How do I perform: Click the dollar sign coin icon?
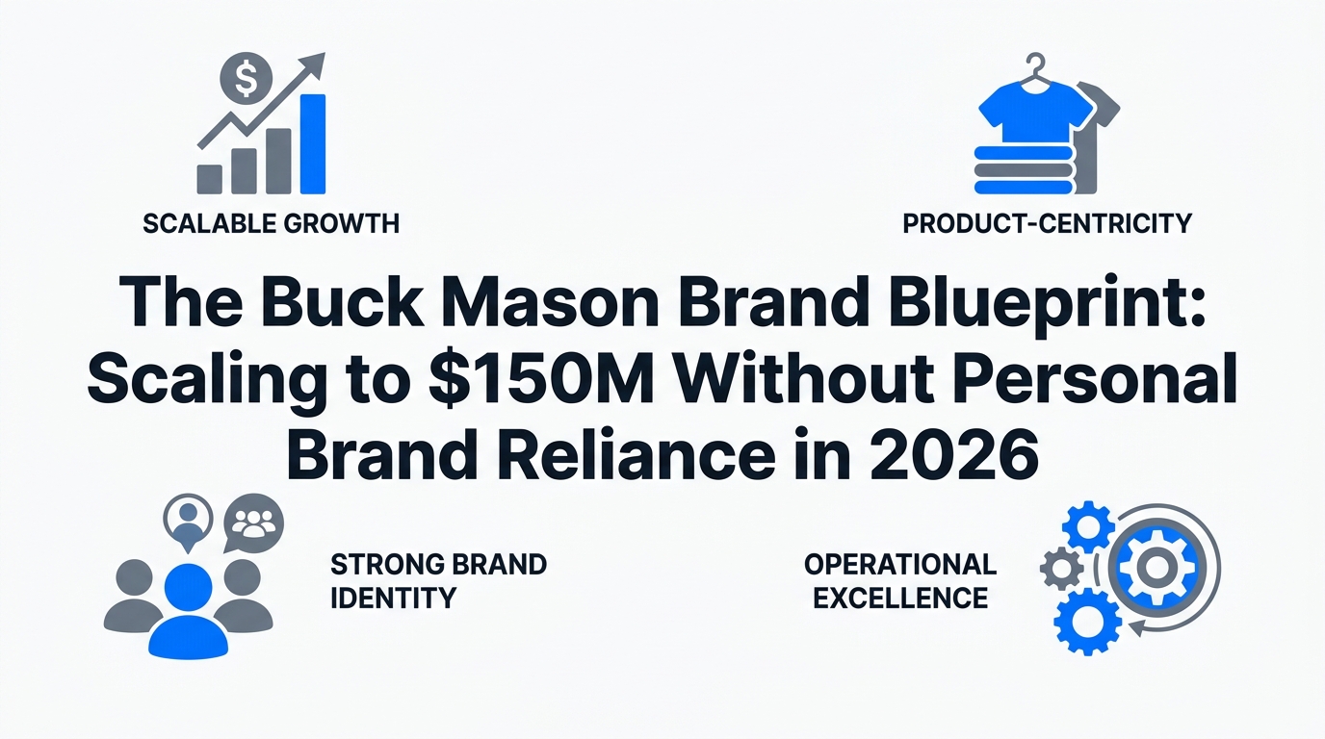pyautogui.click(x=245, y=80)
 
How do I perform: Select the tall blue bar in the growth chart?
pyautogui.click(x=313, y=144)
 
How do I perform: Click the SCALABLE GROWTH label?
pyautogui.click(x=271, y=224)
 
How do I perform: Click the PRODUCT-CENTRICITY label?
pyautogui.click(x=1047, y=224)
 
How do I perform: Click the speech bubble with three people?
pyautogui.click(x=254, y=523)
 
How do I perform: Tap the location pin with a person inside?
pyautogui.click(x=190, y=519)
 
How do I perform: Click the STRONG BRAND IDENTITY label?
pyautogui.click(x=437, y=580)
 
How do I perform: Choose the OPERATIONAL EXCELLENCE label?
pyautogui.click(x=900, y=580)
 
